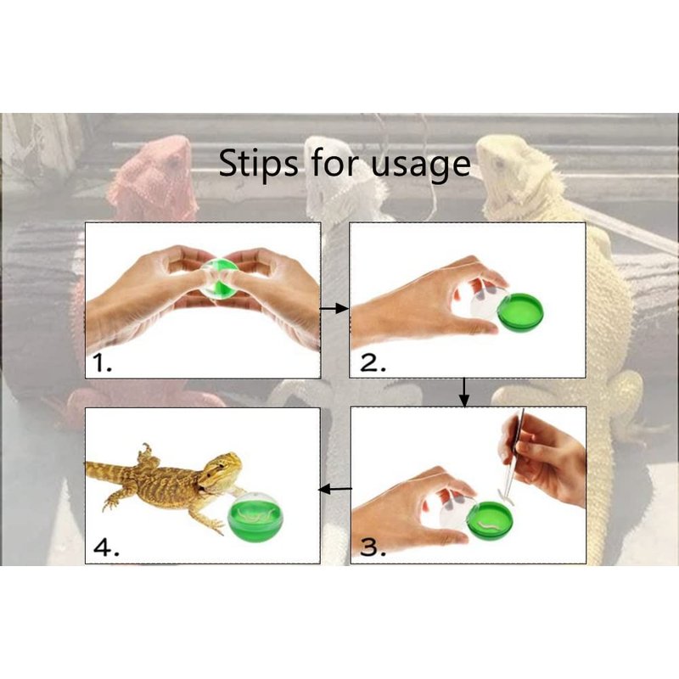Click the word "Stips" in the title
tap(258, 164)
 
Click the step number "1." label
tap(103, 363)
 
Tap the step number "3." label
tap(373, 547)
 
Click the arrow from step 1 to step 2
tap(334, 308)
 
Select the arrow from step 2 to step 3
tap(464, 392)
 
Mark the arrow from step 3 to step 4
tap(335, 490)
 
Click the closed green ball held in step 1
tap(221, 278)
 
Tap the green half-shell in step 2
tap(520, 312)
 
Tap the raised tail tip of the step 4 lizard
tap(147, 446)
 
